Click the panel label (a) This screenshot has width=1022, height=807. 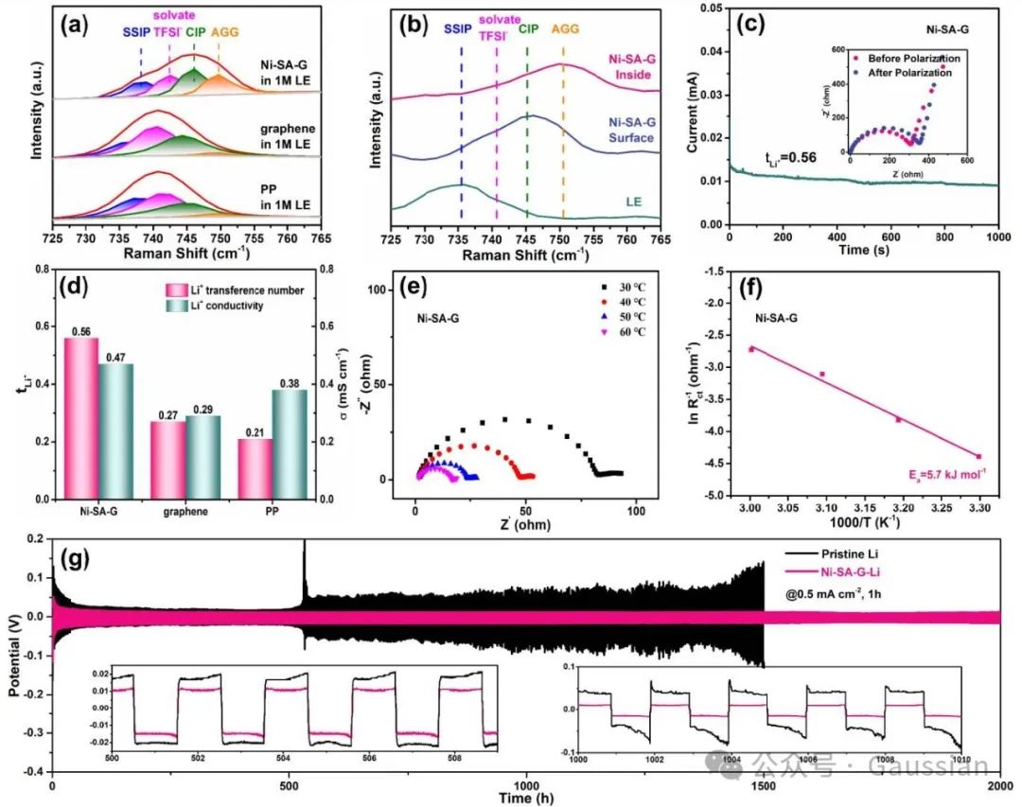(x=76, y=27)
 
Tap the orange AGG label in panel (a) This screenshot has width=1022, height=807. (x=225, y=32)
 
